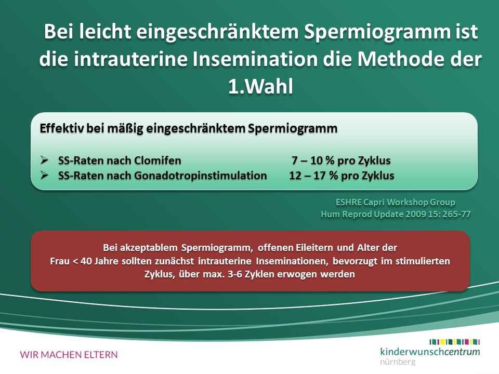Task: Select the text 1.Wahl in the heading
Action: click(260, 86)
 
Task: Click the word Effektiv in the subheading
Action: click(62, 128)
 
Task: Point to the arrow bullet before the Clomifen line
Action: click(44, 160)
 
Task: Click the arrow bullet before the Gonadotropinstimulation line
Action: click(44, 175)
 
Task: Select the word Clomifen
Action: click(157, 161)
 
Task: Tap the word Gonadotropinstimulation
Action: click(201, 176)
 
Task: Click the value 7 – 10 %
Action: click(313, 161)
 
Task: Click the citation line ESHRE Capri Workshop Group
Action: click(396, 202)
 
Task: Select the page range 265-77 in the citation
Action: click(456, 214)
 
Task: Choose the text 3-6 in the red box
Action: click(235, 274)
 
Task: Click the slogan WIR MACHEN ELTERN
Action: click(69, 355)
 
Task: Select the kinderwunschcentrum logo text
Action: click(430, 352)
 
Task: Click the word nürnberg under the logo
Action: click(398, 362)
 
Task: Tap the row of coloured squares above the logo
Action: click(454, 342)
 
